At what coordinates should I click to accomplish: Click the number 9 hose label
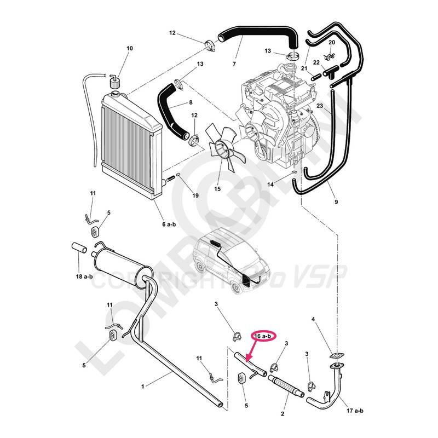[x=335, y=203]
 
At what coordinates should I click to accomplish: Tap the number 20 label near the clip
[x=332, y=43]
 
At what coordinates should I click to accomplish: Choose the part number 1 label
[x=143, y=386]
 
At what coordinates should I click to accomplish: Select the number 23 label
[x=320, y=106]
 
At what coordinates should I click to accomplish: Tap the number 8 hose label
[x=190, y=102]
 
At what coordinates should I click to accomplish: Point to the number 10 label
[x=130, y=49]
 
